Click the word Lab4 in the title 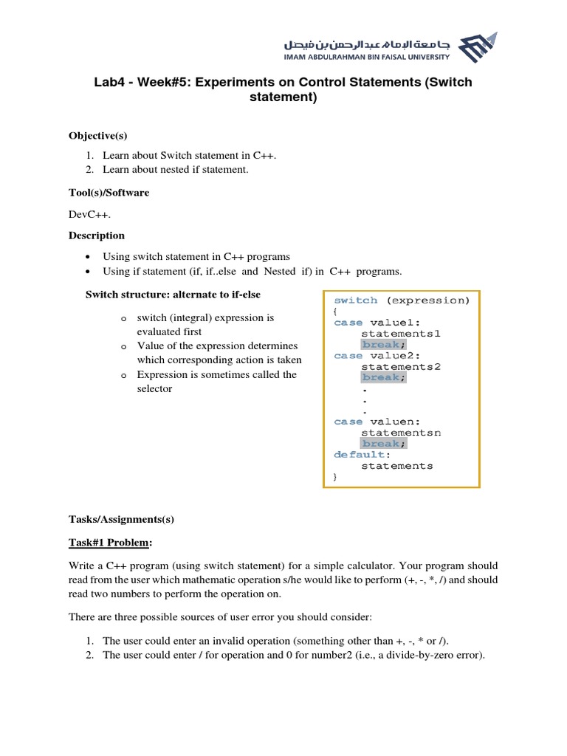click(109, 82)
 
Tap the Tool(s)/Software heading click(109, 193)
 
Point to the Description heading click(97, 236)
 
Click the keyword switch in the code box click(356, 300)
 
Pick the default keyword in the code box click(360, 455)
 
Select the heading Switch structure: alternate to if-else click(173, 295)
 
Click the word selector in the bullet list click(154, 388)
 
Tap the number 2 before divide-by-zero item click(88, 655)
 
